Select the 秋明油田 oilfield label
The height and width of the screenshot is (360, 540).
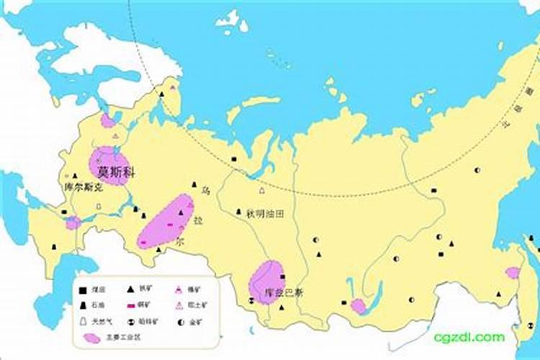click(x=265, y=213)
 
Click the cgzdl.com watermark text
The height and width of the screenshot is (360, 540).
click(x=469, y=337)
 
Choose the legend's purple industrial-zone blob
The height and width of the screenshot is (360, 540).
click(x=91, y=337)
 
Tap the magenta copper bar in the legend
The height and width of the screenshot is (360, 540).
click(x=132, y=305)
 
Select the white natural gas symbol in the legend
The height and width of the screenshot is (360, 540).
click(x=84, y=321)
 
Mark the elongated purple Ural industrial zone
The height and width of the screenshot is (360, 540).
click(x=167, y=220)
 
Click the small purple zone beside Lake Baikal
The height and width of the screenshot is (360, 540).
click(x=358, y=306)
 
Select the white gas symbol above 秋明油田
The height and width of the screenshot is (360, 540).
click(x=261, y=192)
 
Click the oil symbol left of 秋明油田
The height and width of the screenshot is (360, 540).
click(x=239, y=212)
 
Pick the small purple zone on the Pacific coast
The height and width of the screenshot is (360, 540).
click(x=513, y=272)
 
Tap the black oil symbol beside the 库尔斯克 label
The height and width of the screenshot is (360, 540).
click(x=75, y=175)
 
